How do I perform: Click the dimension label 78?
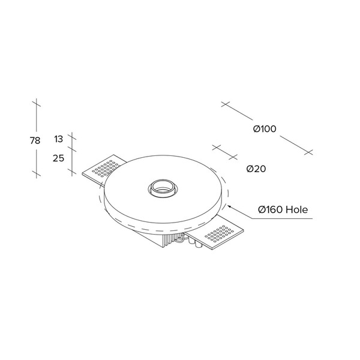coord(35,140)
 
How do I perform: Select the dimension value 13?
coord(58,139)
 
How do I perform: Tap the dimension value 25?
coord(58,158)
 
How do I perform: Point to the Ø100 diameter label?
coord(265,129)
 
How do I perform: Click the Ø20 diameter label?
coord(256,169)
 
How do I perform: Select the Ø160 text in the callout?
coord(271,209)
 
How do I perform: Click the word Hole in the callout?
coord(297,209)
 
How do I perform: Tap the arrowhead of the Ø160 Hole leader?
coord(229,207)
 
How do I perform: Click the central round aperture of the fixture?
coord(163,188)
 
